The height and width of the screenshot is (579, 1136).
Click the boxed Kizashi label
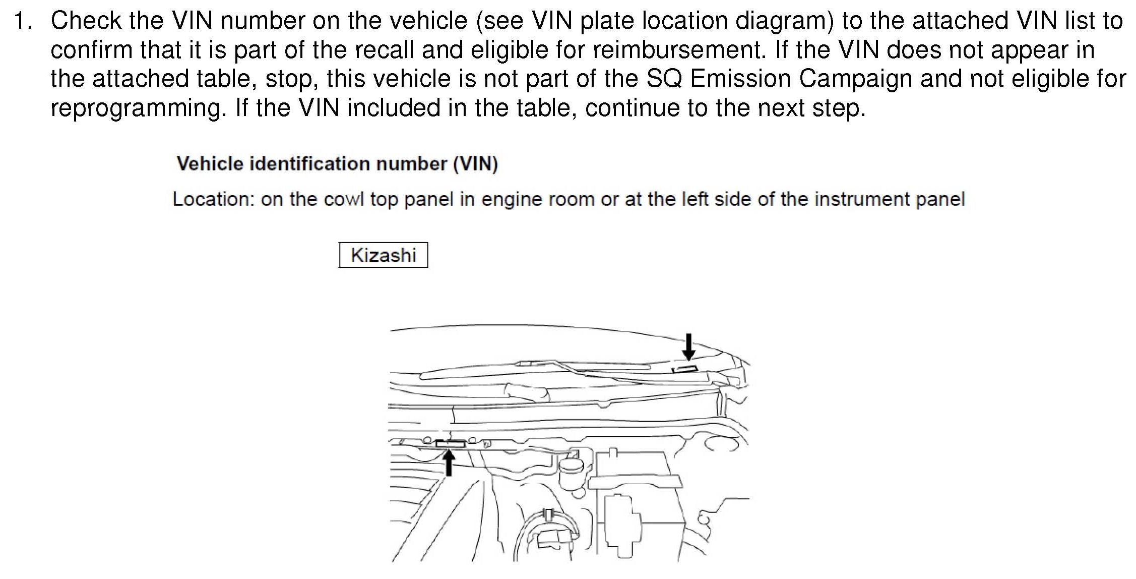click(383, 255)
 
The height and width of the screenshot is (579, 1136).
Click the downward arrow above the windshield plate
click(688, 346)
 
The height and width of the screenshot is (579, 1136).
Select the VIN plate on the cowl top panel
click(450, 444)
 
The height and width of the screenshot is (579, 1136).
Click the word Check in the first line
click(86, 21)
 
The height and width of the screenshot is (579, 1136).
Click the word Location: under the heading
click(212, 199)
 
